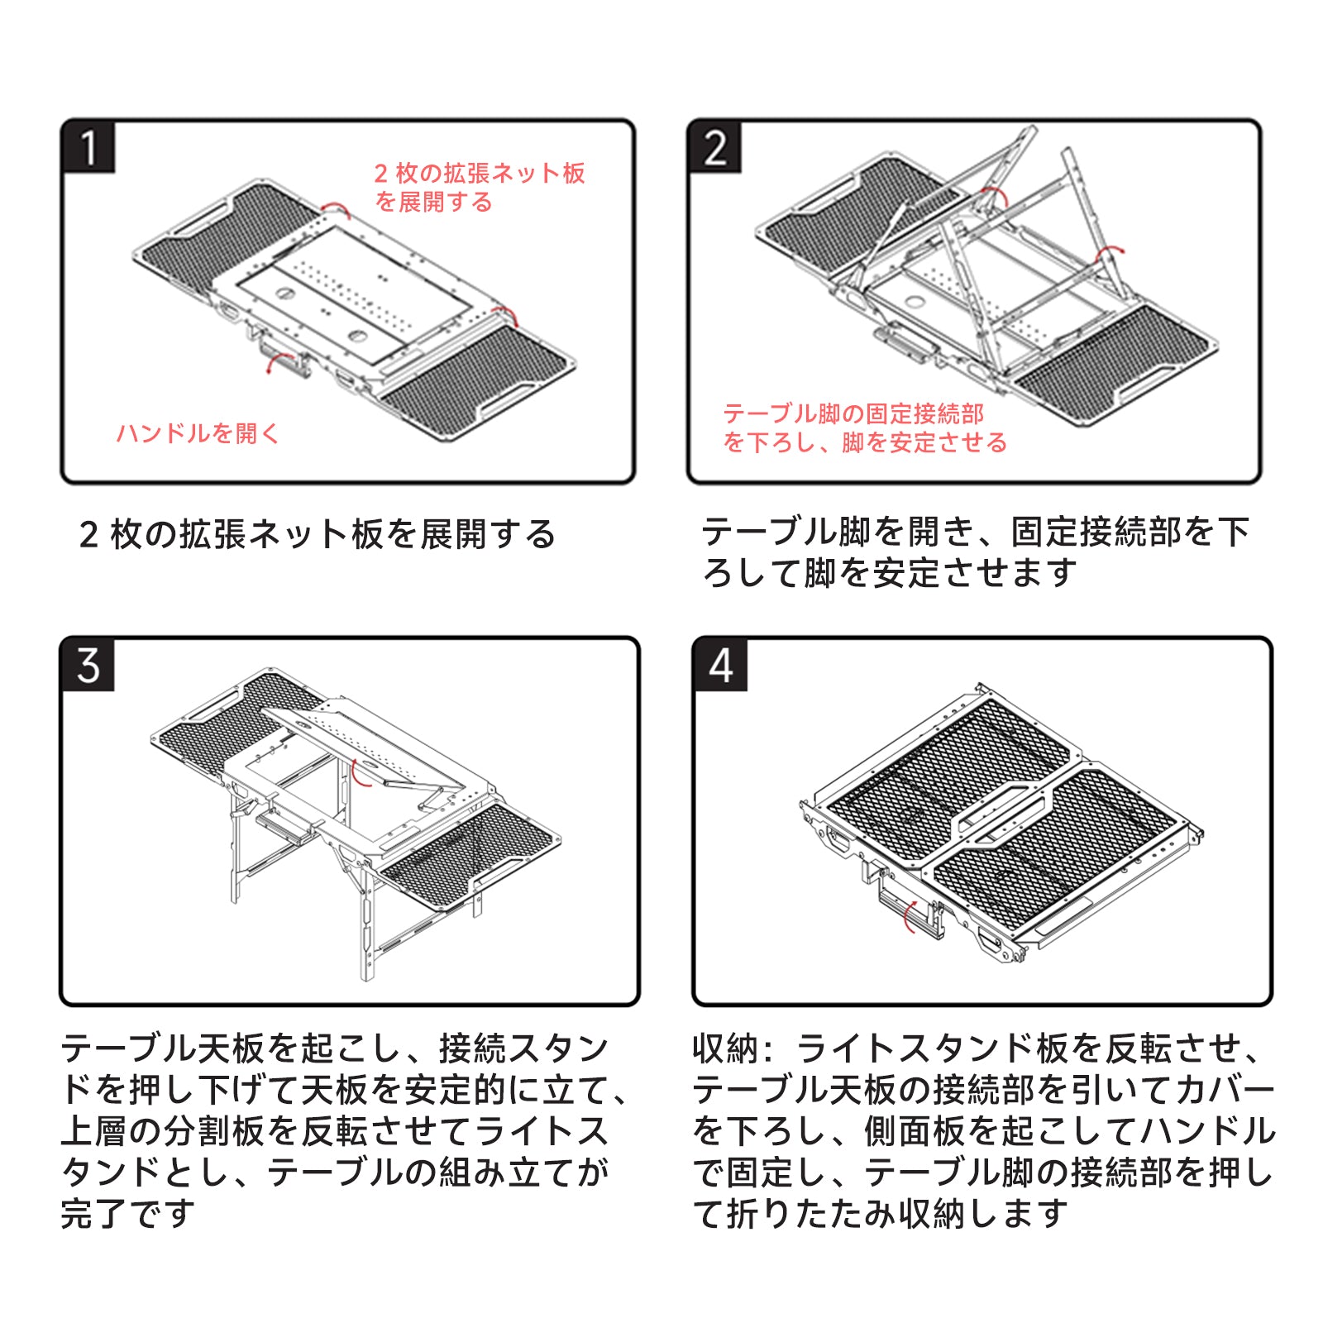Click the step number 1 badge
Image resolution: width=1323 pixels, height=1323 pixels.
pos(88,148)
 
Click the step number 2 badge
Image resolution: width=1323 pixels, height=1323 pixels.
pos(714,148)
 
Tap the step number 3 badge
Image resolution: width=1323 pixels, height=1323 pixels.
pos(88,665)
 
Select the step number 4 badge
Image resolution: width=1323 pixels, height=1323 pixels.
pos(720,665)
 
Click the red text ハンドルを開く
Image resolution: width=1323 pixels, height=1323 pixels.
pos(198,432)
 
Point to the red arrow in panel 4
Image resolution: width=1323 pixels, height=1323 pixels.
pos(909,916)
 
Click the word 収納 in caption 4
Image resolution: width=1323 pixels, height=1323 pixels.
pos(725,1048)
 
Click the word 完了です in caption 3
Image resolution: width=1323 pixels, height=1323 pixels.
pos(128,1213)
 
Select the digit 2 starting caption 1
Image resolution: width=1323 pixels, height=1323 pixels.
pos(88,535)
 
